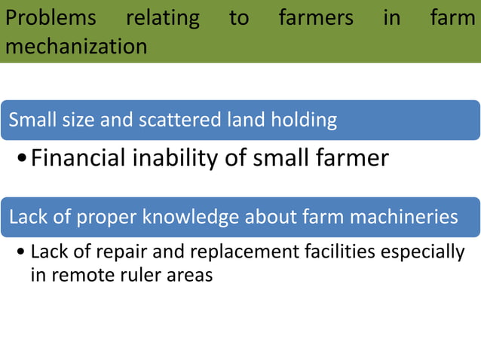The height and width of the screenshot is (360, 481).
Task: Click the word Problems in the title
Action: (51, 18)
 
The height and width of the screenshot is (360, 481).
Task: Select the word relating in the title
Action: (162, 18)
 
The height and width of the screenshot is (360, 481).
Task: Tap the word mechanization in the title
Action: (76, 47)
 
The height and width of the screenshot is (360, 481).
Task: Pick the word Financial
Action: (79, 158)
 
